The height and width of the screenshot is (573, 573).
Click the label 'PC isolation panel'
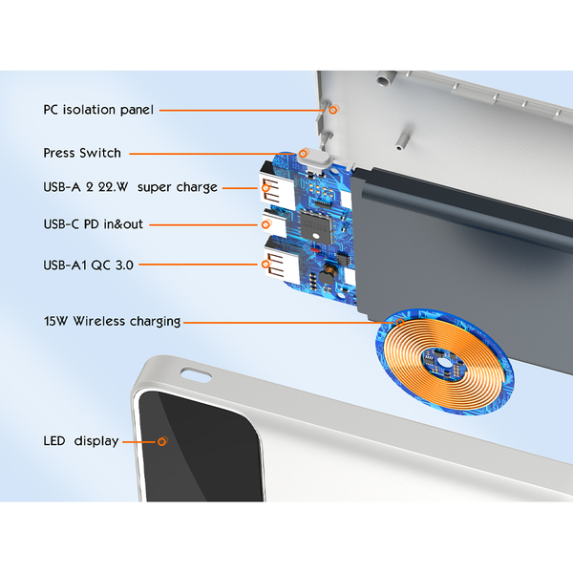tap(98, 109)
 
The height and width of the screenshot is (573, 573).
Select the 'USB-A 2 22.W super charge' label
tap(130, 187)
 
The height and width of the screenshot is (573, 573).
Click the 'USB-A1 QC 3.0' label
tap(88, 264)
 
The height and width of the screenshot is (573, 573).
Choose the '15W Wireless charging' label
tap(112, 322)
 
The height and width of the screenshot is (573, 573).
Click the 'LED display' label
tap(81, 441)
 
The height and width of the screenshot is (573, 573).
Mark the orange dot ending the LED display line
tap(162, 441)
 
